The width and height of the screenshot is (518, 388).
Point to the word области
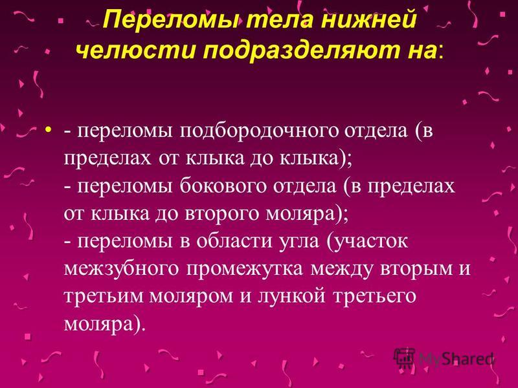click(231, 241)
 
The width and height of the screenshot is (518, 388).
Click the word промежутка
click(245, 270)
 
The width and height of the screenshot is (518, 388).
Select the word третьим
click(103, 296)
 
